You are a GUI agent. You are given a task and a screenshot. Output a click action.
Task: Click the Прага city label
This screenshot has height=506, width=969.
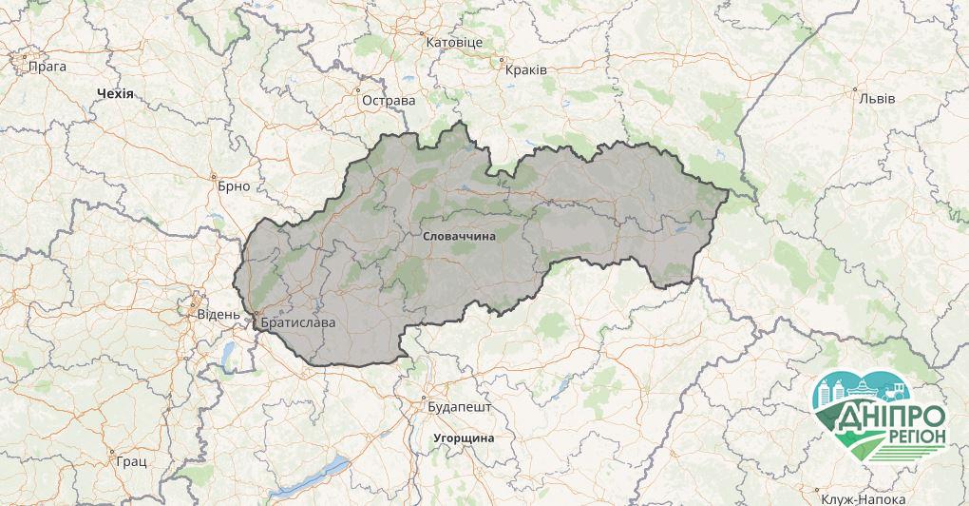[47, 67]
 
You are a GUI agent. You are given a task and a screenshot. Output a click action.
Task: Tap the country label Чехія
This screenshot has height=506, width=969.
[116, 94]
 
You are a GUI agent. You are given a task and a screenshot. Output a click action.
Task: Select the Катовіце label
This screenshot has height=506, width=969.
[454, 43]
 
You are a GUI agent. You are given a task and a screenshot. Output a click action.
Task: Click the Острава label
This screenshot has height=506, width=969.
[389, 100]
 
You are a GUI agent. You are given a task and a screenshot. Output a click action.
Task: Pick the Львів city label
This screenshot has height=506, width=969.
[877, 98]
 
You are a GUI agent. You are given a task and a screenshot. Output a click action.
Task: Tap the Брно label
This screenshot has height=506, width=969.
[234, 185]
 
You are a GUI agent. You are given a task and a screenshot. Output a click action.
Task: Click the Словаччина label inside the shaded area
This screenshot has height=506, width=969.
[458, 234]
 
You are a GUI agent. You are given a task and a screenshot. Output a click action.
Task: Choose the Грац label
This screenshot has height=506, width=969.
[132, 461]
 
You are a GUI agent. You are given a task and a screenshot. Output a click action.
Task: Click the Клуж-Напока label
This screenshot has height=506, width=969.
[864, 498]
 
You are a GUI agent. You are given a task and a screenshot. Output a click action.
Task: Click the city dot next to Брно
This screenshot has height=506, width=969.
[216, 176]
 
